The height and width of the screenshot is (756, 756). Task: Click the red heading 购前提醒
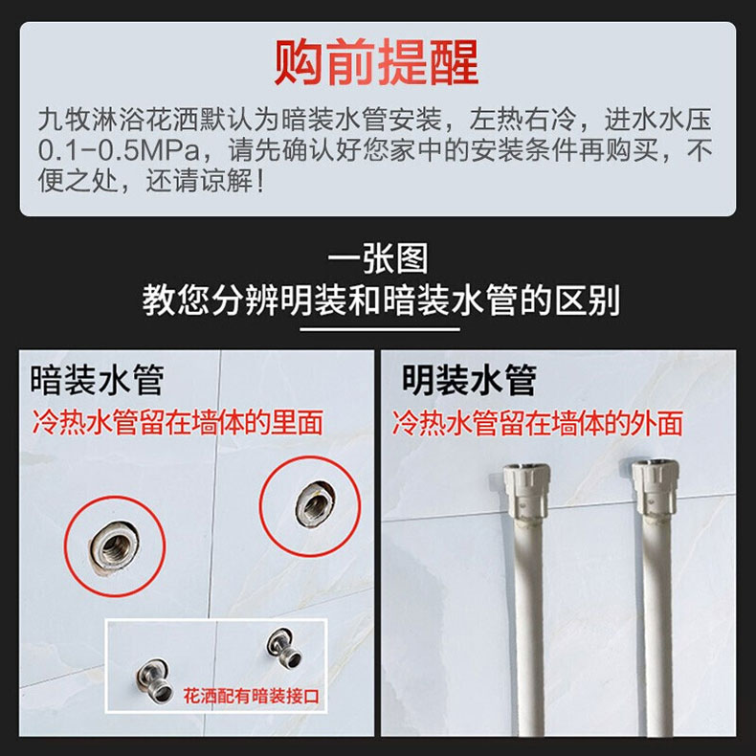click(376, 62)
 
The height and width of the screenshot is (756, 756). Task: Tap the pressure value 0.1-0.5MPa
click(119, 150)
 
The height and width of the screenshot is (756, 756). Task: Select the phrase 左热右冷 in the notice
click(523, 120)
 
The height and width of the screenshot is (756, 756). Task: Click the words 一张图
click(378, 259)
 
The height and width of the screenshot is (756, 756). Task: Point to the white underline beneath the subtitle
click(380, 330)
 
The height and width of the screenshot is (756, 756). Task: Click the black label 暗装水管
click(97, 381)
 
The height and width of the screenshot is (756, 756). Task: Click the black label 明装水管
click(469, 381)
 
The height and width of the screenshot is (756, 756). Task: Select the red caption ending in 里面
click(177, 422)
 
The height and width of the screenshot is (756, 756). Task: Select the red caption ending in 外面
click(538, 423)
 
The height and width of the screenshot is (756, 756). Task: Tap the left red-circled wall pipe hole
click(114, 546)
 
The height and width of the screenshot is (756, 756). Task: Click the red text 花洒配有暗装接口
click(251, 697)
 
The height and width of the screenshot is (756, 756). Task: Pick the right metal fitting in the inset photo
click(285, 649)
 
